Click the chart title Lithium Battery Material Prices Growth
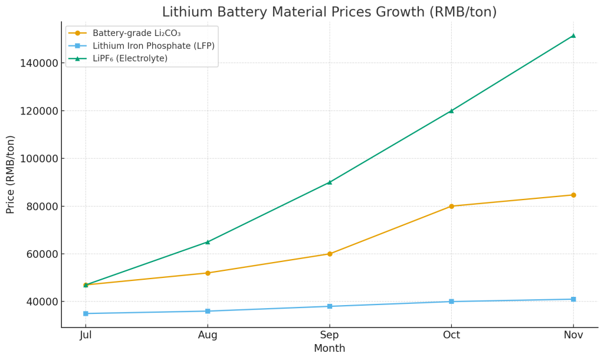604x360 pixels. click(329, 12)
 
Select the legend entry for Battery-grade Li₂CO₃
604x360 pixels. click(136, 33)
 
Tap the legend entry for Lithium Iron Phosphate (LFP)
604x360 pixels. click(153, 46)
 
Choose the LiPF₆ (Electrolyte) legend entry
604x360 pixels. click(130, 58)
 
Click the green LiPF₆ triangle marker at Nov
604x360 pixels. click(573, 35)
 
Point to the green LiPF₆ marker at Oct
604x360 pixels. click(451, 110)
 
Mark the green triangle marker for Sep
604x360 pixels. click(329, 182)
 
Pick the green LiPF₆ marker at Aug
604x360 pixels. click(208, 241)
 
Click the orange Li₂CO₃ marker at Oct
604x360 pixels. click(451, 206)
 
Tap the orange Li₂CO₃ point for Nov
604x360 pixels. click(573, 195)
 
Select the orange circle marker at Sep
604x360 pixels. click(329, 254)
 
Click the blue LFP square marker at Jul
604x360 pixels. click(86, 313)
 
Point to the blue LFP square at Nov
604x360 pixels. click(573, 299)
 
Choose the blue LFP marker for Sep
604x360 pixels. click(329, 306)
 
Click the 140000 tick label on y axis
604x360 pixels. click(39, 63)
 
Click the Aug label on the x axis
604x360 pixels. click(208, 335)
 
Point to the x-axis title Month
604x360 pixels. click(329, 349)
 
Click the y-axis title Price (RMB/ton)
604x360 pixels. click(11, 174)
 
